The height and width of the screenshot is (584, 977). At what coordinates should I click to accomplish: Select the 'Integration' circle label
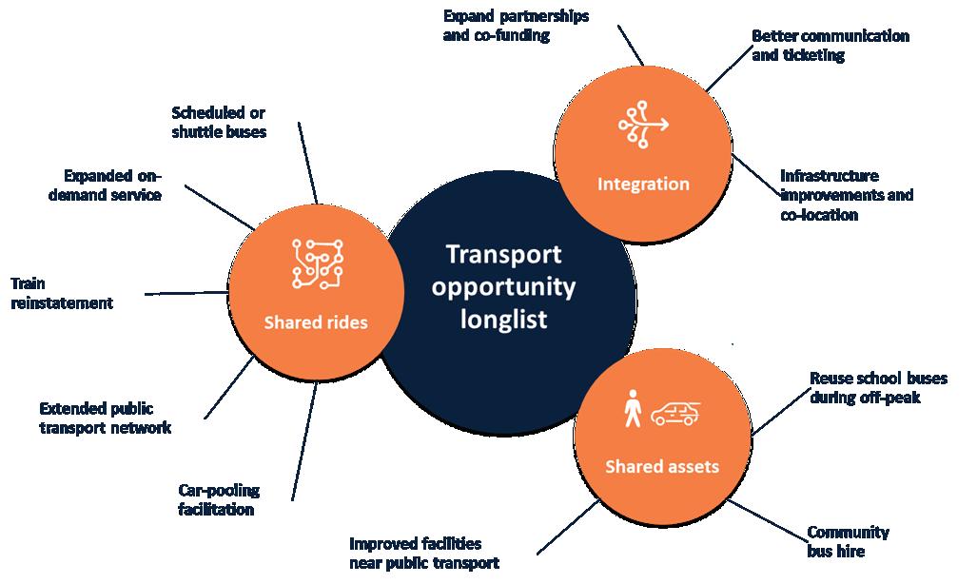[x=643, y=184]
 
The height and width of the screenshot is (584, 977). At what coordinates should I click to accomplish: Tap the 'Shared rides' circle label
[x=315, y=323]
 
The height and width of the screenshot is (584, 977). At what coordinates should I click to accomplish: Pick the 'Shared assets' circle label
[x=662, y=466]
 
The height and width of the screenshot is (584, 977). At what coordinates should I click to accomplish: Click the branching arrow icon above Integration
[x=643, y=124]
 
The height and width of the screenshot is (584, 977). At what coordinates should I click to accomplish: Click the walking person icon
[x=632, y=408]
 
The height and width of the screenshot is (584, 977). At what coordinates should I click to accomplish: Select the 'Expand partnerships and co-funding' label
[x=516, y=27]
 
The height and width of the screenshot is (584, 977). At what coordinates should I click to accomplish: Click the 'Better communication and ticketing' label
[x=830, y=46]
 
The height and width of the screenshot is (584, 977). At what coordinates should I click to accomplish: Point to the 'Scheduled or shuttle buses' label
[x=219, y=123]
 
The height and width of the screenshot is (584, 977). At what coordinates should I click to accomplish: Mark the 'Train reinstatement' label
[x=62, y=293]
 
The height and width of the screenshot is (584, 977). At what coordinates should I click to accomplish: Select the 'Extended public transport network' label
[x=105, y=418]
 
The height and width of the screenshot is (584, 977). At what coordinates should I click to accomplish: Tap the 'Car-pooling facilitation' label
[x=219, y=499]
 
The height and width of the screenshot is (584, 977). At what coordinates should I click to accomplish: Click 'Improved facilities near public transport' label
[x=423, y=553]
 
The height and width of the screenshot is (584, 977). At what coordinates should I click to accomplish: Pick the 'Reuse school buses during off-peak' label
[x=877, y=387]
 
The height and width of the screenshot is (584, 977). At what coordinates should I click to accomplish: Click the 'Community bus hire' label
[x=848, y=541]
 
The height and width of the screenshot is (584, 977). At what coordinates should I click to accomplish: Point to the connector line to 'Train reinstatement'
[x=186, y=294]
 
